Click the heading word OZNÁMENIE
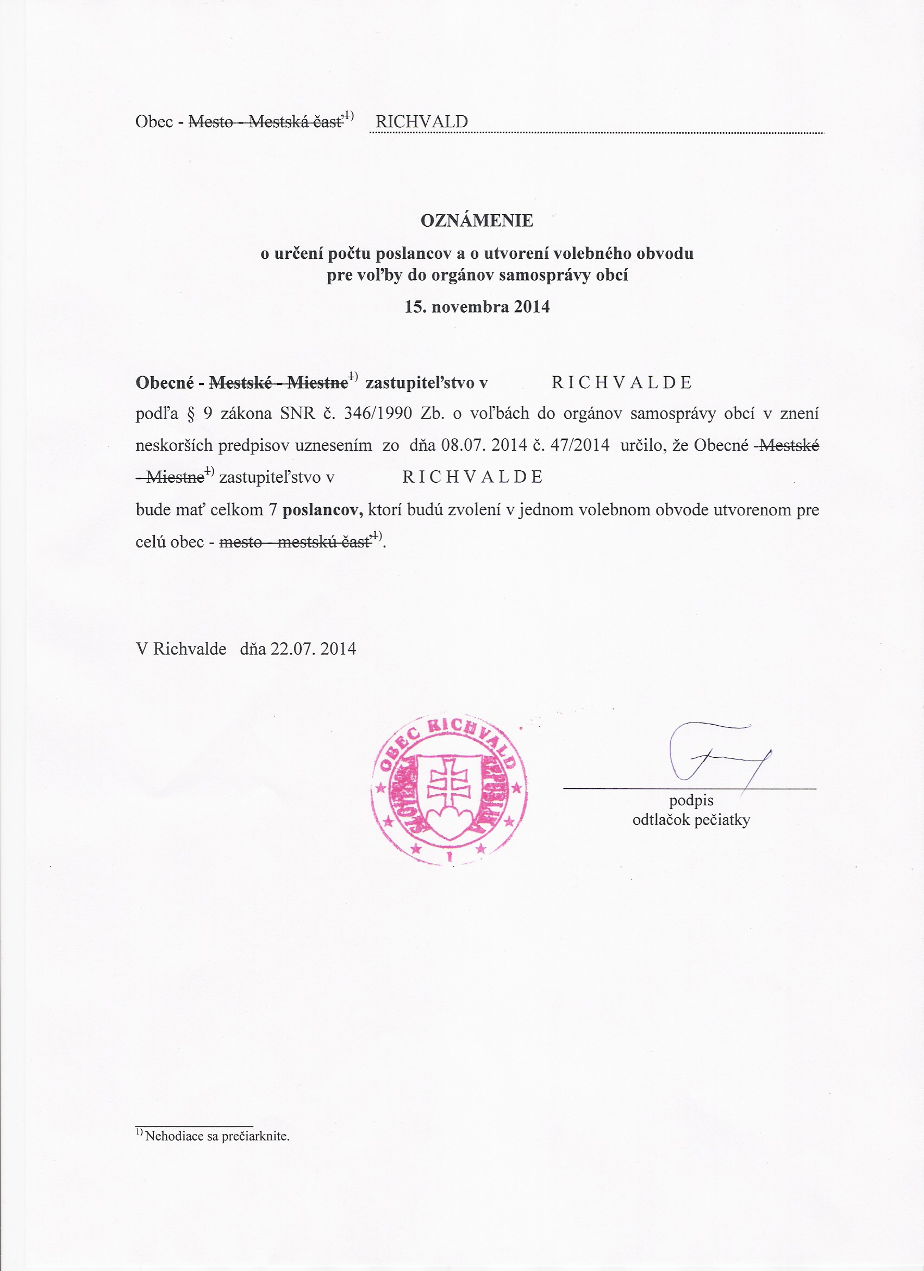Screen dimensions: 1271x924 click(x=477, y=221)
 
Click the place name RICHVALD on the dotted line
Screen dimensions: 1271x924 click(x=421, y=122)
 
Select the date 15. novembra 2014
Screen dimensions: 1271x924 click(x=477, y=307)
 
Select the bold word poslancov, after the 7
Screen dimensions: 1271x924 click(x=323, y=510)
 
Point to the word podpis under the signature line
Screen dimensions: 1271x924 click(x=691, y=801)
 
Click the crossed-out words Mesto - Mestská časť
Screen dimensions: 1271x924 click(x=266, y=122)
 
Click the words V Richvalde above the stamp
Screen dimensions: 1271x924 click(x=181, y=649)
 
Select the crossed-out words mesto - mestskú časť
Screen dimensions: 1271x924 click(x=295, y=542)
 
